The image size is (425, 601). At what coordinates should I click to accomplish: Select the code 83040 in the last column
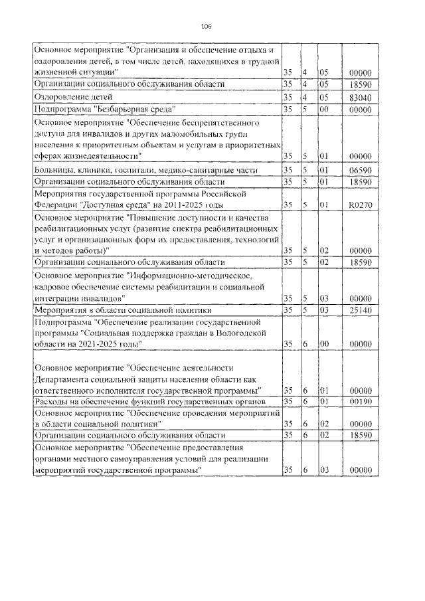coord(359,96)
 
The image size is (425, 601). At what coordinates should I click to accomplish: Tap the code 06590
coord(359,170)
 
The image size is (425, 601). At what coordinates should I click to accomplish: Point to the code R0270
coord(359,205)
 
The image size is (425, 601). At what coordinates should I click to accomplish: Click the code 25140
coord(359,309)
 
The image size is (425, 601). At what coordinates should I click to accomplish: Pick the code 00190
coord(359,402)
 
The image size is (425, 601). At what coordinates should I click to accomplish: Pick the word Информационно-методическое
coord(185,274)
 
